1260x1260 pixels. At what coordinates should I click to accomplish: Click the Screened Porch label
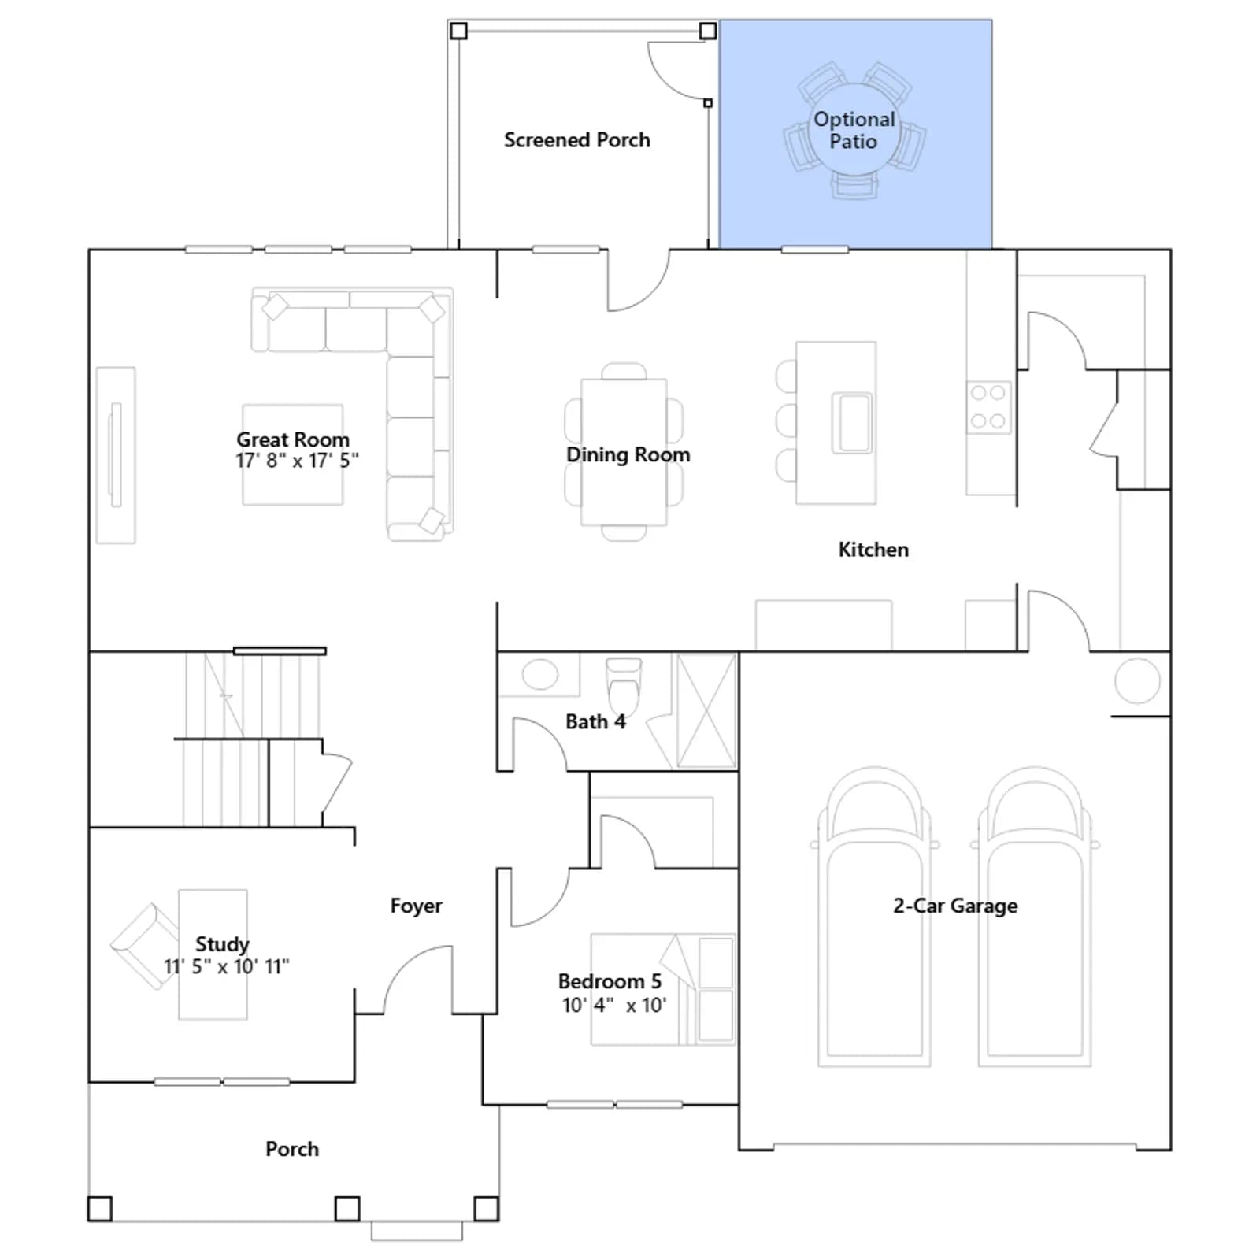(577, 140)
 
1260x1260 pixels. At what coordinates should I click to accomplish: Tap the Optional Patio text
(854, 131)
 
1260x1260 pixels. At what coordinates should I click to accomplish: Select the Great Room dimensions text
(297, 461)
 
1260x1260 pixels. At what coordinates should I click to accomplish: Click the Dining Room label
(628, 454)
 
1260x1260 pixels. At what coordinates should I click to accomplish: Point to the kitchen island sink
(852, 424)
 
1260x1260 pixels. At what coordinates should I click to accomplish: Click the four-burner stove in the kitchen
(988, 406)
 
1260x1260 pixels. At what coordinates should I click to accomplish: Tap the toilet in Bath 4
(624, 683)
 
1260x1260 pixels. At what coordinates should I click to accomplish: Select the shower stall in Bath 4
(706, 710)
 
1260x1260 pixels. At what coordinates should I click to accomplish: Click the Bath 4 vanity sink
(540, 675)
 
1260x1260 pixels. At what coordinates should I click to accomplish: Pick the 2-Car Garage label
(955, 906)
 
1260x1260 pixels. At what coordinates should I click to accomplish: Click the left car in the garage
(874, 917)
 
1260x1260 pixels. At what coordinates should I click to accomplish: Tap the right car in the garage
(1035, 917)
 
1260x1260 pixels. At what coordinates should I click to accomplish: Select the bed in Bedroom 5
(663, 990)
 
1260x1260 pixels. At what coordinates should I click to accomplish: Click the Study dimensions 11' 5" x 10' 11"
(226, 966)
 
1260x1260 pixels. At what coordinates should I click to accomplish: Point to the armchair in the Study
(145, 946)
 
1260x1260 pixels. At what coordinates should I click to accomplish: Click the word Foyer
(416, 906)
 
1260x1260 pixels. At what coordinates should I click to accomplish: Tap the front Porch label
(292, 1149)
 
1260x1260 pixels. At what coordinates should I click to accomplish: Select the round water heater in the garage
(1137, 680)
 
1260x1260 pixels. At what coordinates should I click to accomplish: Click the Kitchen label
(873, 550)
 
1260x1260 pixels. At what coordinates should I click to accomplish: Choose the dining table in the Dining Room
(624, 452)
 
